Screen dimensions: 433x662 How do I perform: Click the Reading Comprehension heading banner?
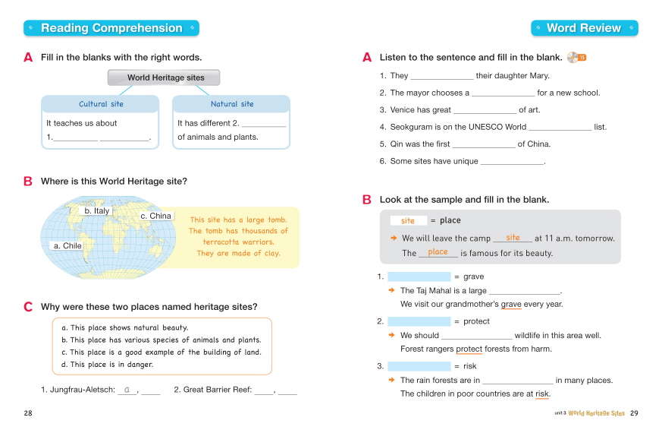click(111, 28)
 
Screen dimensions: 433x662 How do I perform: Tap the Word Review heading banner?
click(583, 28)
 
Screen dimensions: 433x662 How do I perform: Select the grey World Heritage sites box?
click(165, 77)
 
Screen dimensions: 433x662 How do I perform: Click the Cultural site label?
click(101, 104)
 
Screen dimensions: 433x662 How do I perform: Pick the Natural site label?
click(232, 104)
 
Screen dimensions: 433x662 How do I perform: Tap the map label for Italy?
click(97, 210)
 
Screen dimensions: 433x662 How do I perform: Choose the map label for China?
click(156, 216)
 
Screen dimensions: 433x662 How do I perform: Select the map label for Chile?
click(67, 246)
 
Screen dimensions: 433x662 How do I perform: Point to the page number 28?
click(29, 412)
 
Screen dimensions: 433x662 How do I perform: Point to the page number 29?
click(634, 412)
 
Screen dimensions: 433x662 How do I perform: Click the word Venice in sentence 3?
click(403, 110)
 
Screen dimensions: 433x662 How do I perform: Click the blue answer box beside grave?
click(419, 277)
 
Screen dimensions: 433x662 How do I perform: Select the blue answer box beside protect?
click(419, 321)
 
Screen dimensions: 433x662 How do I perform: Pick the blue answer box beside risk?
click(419, 366)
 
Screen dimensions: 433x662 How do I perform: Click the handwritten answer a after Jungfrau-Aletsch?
click(127, 389)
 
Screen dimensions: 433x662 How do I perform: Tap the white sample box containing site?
click(408, 220)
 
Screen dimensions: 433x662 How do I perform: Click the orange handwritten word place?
click(438, 252)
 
